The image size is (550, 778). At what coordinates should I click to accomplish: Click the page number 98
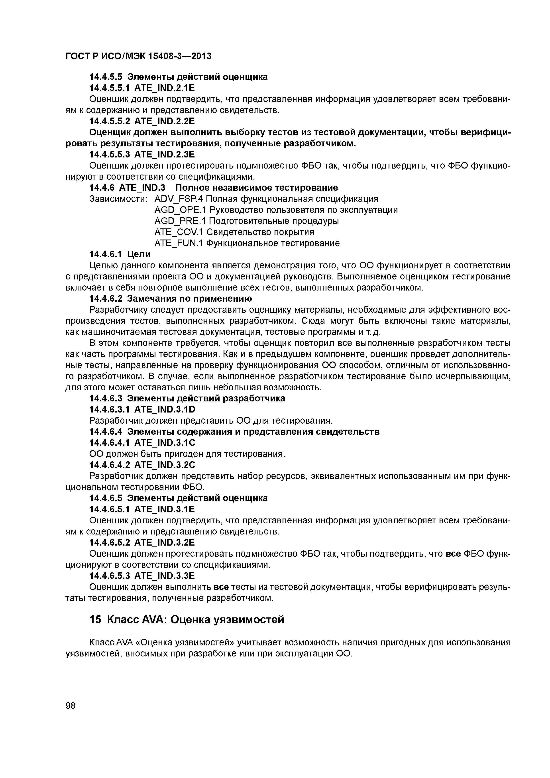pyautogui.click(x=71, y=706)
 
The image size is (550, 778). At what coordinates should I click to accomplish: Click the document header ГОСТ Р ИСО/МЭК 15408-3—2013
pyautogui.click(x=138, y=56)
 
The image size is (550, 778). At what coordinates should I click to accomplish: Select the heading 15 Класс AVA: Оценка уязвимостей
pyautogui.click(x=187, y=619)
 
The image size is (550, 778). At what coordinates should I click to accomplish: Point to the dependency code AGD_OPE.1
pyautogui.click(x=180, y=210)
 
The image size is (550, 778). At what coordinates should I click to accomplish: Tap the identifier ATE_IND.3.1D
pyautogui.click(x=165, y=410)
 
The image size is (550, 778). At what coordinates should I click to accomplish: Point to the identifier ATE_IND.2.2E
pyautogui.click(x=165, y=121)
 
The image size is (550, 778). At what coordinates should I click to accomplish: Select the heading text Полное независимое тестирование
pyautogui.click(x=257, y=187)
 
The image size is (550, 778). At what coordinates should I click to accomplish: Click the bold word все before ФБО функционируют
pyautogui.click(x=453, y=554)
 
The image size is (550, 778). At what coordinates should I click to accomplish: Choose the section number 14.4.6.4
pyautogui.click(x=107, y=432)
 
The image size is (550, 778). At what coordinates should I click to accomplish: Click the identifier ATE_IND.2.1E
pyautogui.click(x=165, y=88)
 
